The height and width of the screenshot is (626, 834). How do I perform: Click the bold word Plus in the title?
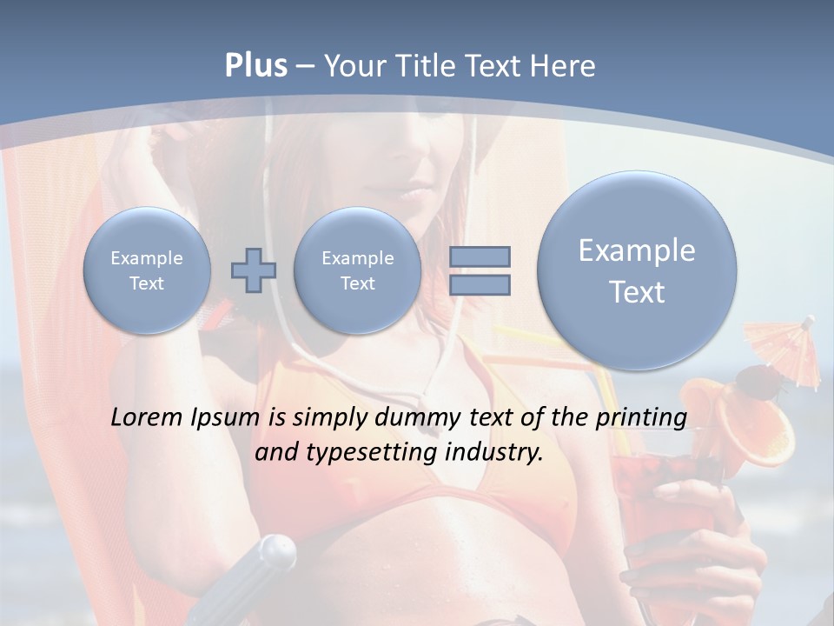255,66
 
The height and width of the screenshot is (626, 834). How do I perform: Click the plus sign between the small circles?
254,270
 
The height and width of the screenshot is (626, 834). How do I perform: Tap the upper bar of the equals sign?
480,256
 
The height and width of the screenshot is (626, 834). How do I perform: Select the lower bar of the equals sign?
480,284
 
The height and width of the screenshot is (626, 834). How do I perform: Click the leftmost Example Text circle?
147,270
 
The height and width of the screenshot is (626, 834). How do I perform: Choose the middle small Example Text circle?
357,270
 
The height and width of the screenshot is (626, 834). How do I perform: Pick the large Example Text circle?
637,270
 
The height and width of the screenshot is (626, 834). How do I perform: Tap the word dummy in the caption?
419,418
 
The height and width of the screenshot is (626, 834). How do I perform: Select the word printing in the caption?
640,418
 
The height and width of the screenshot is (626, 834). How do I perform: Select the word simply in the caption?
327,418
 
